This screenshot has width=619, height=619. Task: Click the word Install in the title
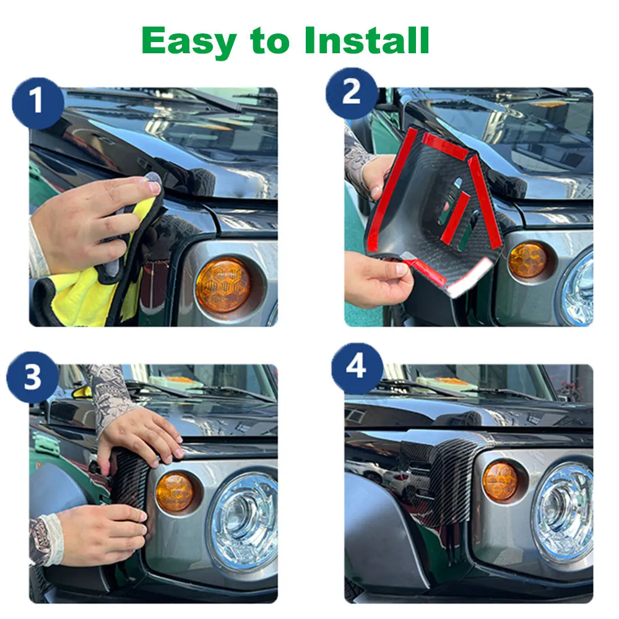coord(366,41)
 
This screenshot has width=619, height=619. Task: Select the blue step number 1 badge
coord(37,102)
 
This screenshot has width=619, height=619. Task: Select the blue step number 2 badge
coord(352,93)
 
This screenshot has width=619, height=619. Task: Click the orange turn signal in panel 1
coord(223,285)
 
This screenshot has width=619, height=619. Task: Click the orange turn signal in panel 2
coord(528,260)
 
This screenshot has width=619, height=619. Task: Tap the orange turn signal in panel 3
coord(175,492)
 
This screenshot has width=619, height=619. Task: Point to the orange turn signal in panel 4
coord(501,481)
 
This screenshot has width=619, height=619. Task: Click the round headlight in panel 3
coord(243,520)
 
